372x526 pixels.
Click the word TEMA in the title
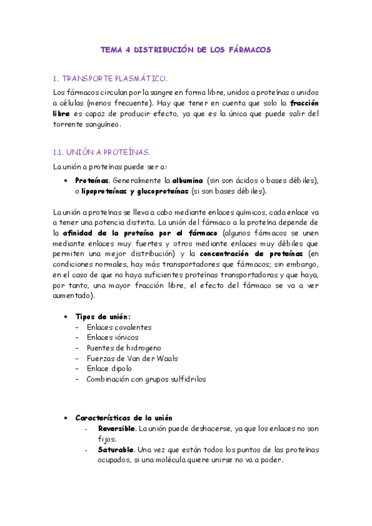[x=112, y=50]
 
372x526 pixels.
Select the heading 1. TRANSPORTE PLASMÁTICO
[x=110, y=79]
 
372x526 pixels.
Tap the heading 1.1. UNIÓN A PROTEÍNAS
[x=102, y=152]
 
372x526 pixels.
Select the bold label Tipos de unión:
[x=102, y=316]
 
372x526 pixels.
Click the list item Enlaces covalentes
[x=119, y=327]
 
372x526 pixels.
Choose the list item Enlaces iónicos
[x=113, y=337]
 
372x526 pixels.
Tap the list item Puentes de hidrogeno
[x=124, y=348]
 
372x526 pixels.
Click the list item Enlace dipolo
[x=109, y=368]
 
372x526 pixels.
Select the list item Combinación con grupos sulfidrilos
[x=146, y=379]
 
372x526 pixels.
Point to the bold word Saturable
[x=116, y=449]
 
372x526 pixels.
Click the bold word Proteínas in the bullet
[x=92, y=180]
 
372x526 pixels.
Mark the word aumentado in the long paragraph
[x=73, y=295]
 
